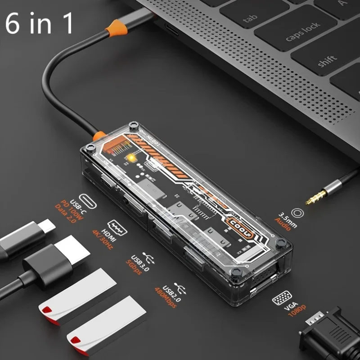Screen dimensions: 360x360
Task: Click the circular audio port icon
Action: (297, 214)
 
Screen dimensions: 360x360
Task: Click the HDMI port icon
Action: (117, 227)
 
